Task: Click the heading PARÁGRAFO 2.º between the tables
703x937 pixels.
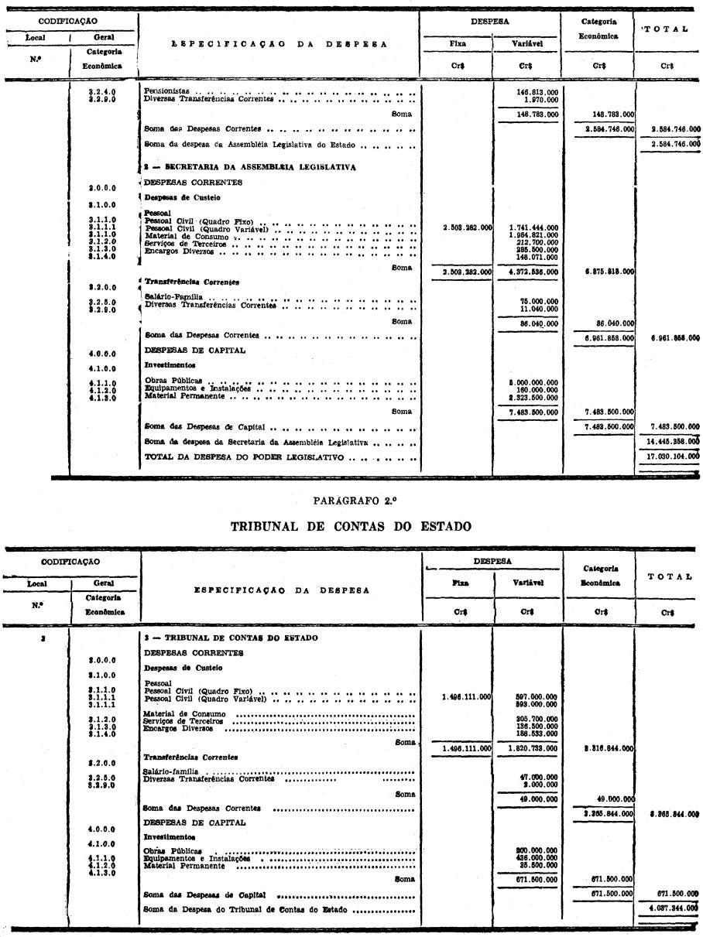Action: click(351, 501)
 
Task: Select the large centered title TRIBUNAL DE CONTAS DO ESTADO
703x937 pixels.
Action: click(351, 527)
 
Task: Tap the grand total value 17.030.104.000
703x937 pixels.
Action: click(668, 457)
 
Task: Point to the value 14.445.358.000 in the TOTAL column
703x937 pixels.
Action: click(668, 441)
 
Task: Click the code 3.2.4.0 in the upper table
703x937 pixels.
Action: click(102, 91)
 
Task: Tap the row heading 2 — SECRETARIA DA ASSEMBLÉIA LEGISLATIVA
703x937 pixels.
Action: click(250, 167)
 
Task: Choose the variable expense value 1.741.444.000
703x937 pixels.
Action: click(533, 227)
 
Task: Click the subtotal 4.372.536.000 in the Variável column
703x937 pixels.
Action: click(533, 272)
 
